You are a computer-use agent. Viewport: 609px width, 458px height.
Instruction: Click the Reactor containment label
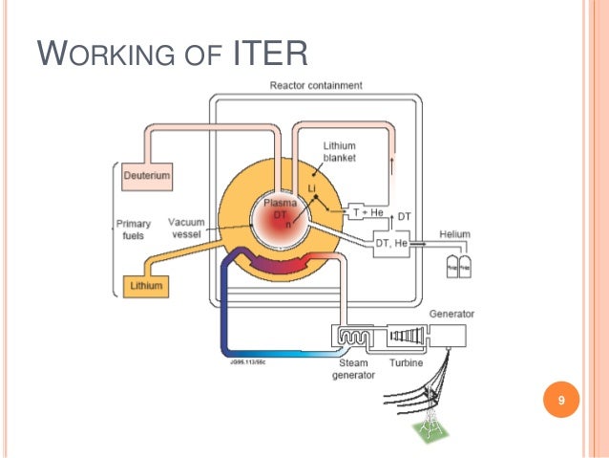(315, 85)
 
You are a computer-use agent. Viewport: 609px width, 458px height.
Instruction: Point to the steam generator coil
(356, 336)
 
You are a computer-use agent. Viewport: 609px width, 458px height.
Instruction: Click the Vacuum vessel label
(187, 228)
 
